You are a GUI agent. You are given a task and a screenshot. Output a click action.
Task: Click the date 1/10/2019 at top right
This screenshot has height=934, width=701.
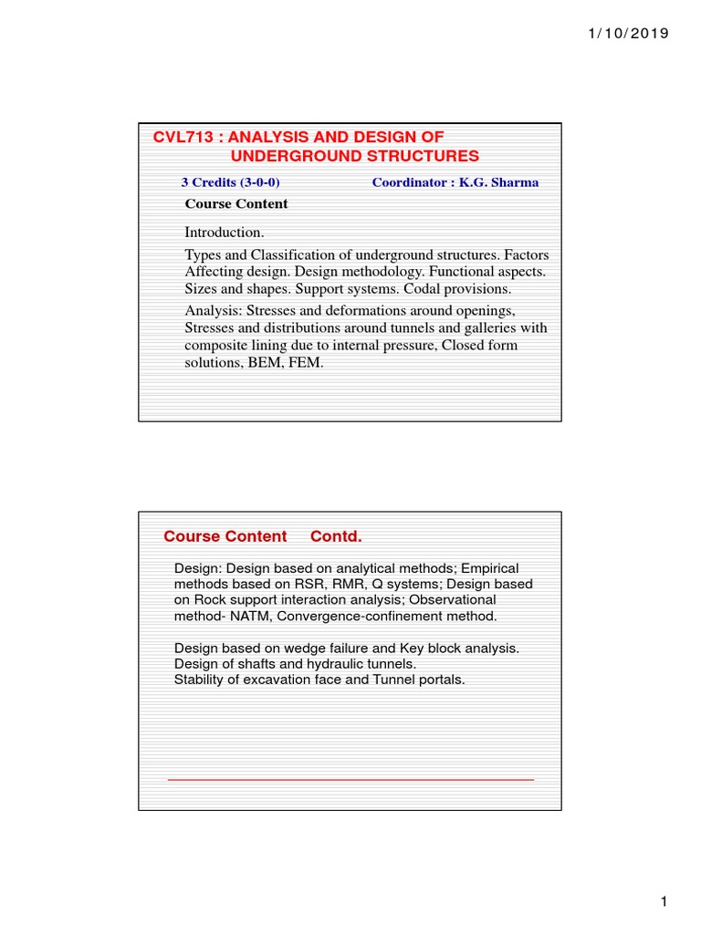[625, 34]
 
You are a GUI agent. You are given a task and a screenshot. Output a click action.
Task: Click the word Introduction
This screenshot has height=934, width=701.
[225, 233]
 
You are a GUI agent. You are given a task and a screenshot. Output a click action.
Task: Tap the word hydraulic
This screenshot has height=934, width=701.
[329, 664]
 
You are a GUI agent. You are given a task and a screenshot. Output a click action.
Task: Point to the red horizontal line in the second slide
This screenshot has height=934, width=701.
[350, 780]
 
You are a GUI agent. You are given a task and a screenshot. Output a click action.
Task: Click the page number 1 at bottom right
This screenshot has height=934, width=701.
[665, 902]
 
